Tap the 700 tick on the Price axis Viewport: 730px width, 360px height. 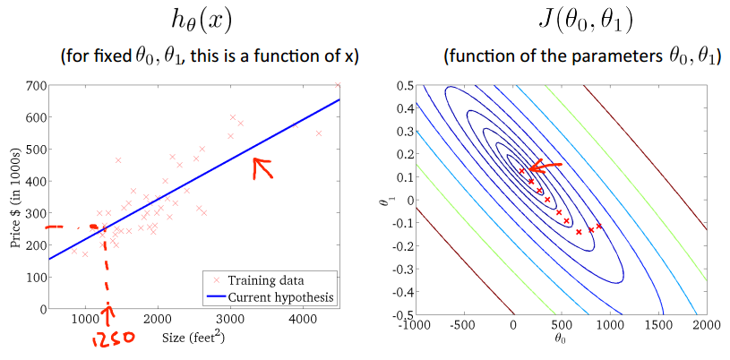pyautogui.click(x=36, y=85)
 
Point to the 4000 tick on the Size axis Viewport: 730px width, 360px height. pyautogui.click(x=302, y=319)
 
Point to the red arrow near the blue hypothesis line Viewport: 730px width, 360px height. pyautogui.click(x=262, y=167)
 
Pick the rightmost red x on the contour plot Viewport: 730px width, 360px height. pyautogui.click(x=599, y=227)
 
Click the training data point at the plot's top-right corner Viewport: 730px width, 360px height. pyautogui.click(x=338, y=85)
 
